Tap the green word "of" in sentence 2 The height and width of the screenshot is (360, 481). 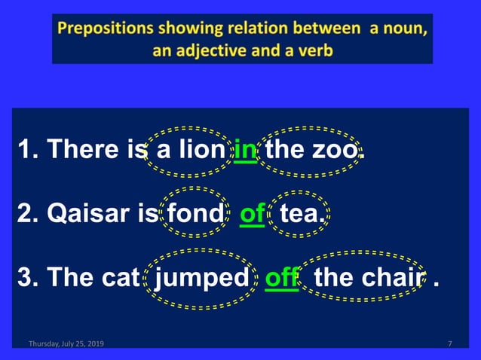click(252, 215)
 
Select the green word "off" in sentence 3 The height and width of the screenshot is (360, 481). click(283, 278)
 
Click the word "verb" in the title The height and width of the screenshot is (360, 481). click(317, 51)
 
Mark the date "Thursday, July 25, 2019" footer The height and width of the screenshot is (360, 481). click(66, 344)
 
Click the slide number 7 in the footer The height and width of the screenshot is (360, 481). click(449, 344)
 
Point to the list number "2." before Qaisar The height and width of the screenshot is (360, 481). click(26, 215)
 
